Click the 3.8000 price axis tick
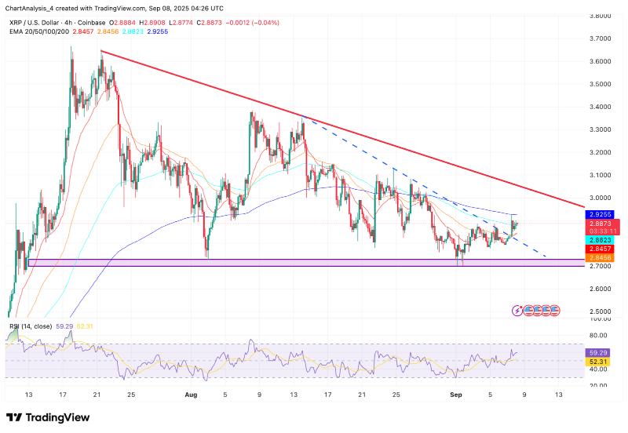click(x=601, y=16)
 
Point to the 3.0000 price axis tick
click(x=601, y=198)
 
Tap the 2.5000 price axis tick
click(x=601, y=311)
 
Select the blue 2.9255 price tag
click(x=601, y=213)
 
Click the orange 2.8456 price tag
click(x=601, y=257)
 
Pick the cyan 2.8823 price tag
click(x=601, y=238)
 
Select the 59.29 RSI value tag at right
click(x=599, y=353)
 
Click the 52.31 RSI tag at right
click(x=599, y=362)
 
